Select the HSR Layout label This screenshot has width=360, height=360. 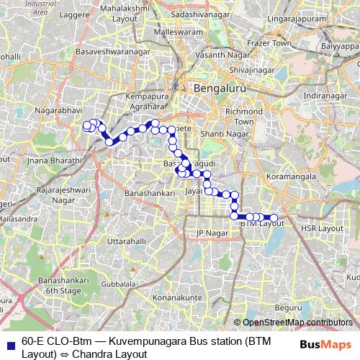coord(323,228)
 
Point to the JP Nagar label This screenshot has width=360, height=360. coord(211,233)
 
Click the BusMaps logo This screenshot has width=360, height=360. coord(328,344)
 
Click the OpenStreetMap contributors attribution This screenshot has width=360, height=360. coord(297,323)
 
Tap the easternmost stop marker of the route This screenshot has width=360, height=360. coord(273,217)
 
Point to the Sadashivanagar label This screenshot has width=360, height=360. coord(200,14)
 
